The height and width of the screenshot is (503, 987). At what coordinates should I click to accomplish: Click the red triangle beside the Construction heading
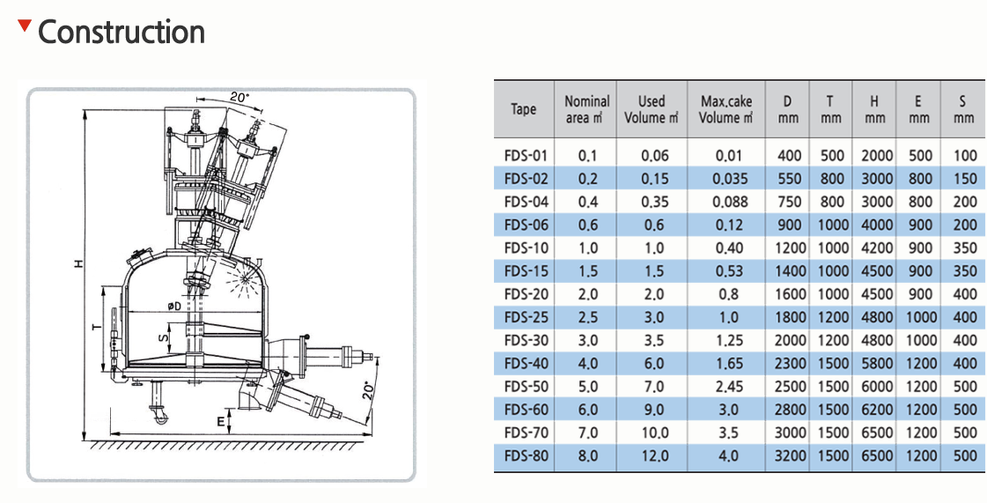point(24,26)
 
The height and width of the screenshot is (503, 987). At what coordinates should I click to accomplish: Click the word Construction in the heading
point(122,32)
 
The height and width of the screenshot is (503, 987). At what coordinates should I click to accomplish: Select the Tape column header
point(524,109)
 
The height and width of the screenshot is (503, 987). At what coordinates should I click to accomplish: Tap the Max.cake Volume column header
point(726,109)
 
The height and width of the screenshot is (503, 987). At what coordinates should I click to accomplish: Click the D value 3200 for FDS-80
point(787,455)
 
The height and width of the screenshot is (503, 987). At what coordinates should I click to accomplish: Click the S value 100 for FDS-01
point(965,156)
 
